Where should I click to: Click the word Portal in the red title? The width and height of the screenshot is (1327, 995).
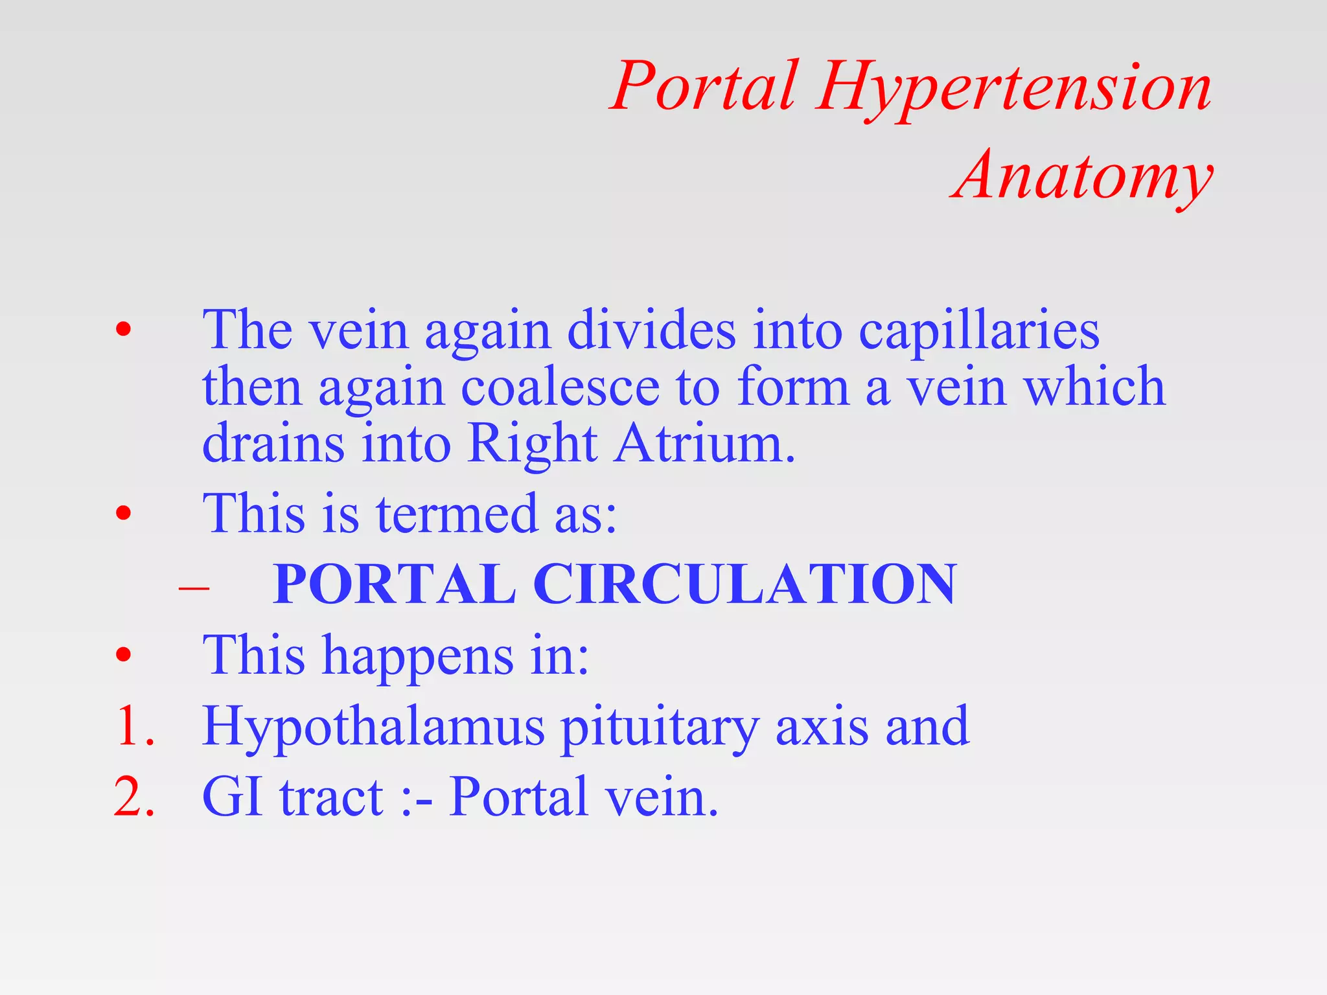point(705,87)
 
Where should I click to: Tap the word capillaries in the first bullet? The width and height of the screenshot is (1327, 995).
point(979,331)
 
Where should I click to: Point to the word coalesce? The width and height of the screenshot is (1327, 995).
point(560,387)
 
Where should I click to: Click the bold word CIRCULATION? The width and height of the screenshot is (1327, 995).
point(744,584)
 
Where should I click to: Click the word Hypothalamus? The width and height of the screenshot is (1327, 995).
point(373,727)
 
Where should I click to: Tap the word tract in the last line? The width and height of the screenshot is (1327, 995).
point(331,797)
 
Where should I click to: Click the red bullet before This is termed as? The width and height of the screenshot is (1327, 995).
point(123,514)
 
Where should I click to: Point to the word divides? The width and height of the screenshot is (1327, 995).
point(651,331)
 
